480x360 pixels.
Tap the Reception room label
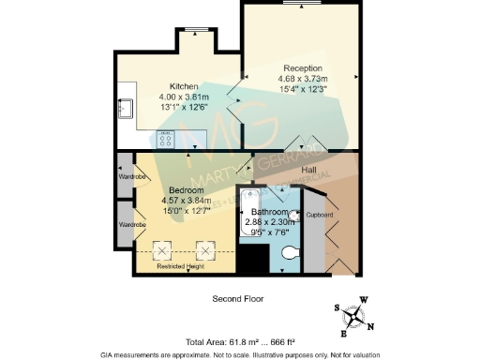coord(303,68)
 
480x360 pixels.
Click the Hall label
coord(308,170)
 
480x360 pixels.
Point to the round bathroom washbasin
coord(293,216)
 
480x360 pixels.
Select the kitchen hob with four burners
coord(171,140)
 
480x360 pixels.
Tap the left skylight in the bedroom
coord(161,250)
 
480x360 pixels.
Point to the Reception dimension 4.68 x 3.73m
coord(303,79)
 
